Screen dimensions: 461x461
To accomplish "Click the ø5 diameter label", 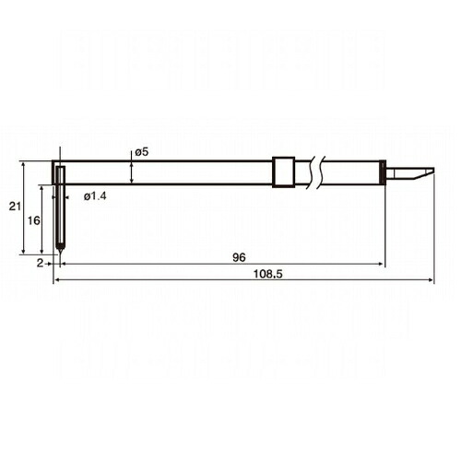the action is click(x=141, y=152).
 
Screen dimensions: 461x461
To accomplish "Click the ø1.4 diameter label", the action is click(x=95, y=196).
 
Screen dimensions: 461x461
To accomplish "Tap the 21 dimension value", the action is click(x=15, y=207).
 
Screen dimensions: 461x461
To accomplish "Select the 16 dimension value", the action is click(x=34, y=220).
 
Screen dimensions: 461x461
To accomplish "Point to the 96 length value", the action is click(x=239, y=257).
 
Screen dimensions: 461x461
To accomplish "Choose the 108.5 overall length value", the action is click(x=267, y=274).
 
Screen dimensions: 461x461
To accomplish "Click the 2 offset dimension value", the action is click(x=41, y=263).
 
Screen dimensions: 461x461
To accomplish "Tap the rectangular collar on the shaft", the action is click(x=283, y=172).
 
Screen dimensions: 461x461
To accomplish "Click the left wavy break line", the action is click(x=310, y=172).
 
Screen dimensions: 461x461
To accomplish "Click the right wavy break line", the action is click(x=321, y=172).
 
